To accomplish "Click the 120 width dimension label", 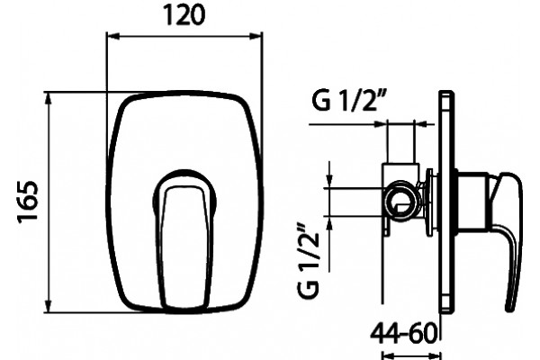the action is pos(184,15).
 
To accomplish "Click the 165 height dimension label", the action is pos(28,202).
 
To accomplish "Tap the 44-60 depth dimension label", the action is pos(403,334).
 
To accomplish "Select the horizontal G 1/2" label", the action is pos(347,101).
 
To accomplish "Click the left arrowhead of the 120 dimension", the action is pos(112,36).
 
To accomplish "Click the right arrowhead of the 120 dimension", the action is pos(256,36).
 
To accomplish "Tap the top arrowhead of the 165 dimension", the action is pos(49,98).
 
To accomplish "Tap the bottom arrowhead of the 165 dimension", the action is pos(49,307).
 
